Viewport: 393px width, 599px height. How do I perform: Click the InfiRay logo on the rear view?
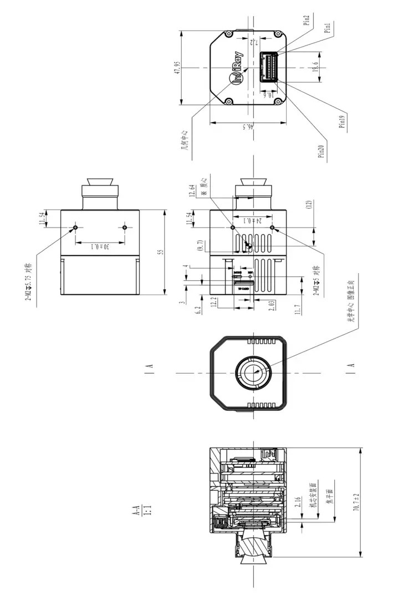pos(235,71)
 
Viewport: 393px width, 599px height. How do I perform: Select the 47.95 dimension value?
pos(177,67)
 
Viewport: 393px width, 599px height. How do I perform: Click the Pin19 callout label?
pos(342,121)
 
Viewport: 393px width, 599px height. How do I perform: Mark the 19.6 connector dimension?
pos(316,67)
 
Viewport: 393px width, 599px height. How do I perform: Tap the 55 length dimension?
pos(161,252)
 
